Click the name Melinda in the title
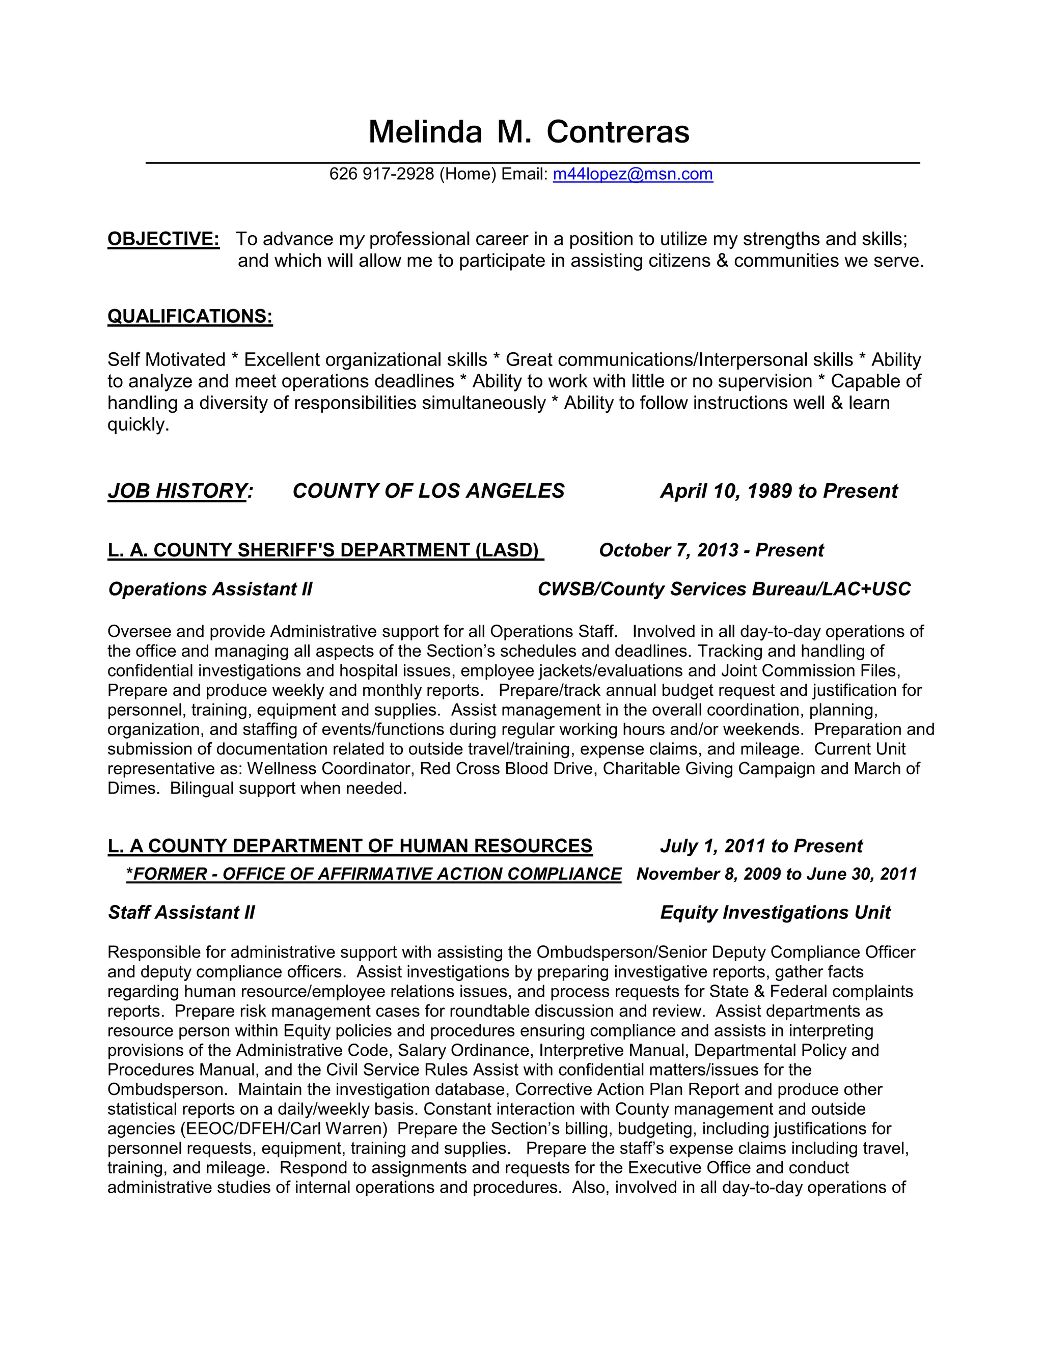coord(425,132)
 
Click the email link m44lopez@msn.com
coord(632,174)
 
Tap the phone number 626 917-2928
coord(381,174)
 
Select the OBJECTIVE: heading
coord(163,239)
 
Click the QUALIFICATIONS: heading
coord(189,316)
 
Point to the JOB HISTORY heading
coord(177,491)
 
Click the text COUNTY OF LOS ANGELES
coord(428,491)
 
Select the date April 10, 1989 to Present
coord(779,491)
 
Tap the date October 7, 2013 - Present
coord(711,550)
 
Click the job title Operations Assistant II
coord(210,589)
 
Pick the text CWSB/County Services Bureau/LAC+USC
coord(724,589)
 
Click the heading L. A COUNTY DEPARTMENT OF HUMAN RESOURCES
coord(350,846)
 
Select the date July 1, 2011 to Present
coord(761,846)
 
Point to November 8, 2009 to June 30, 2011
coord(776,875)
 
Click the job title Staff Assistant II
coord(181,913)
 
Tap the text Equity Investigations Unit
coord(775,913)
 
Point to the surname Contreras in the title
coord(617,132)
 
